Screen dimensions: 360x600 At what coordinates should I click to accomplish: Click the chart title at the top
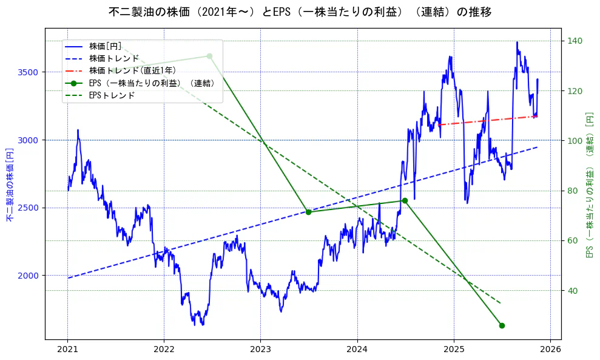(300, 12)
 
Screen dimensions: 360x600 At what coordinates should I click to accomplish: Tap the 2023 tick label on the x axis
(260, 350)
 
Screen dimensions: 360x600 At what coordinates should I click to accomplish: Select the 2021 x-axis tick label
(67, 350)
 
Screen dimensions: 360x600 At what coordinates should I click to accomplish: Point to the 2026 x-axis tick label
(550, 350)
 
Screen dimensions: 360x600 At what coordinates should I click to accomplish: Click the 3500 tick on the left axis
(29, 72)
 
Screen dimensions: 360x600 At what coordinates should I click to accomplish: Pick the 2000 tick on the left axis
(29, 276)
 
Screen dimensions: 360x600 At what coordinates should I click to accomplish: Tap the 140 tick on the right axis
(574, 41)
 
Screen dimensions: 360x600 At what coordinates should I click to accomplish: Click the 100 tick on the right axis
(574, 141)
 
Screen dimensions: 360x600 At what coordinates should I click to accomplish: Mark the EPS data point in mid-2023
(308, 212)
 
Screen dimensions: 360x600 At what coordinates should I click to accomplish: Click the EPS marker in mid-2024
(405, 200)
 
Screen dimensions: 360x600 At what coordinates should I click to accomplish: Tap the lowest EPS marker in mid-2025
(502, 325)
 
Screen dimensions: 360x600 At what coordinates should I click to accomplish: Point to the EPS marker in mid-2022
(209, 56)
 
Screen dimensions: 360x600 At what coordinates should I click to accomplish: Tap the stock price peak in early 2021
(78, 130)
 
